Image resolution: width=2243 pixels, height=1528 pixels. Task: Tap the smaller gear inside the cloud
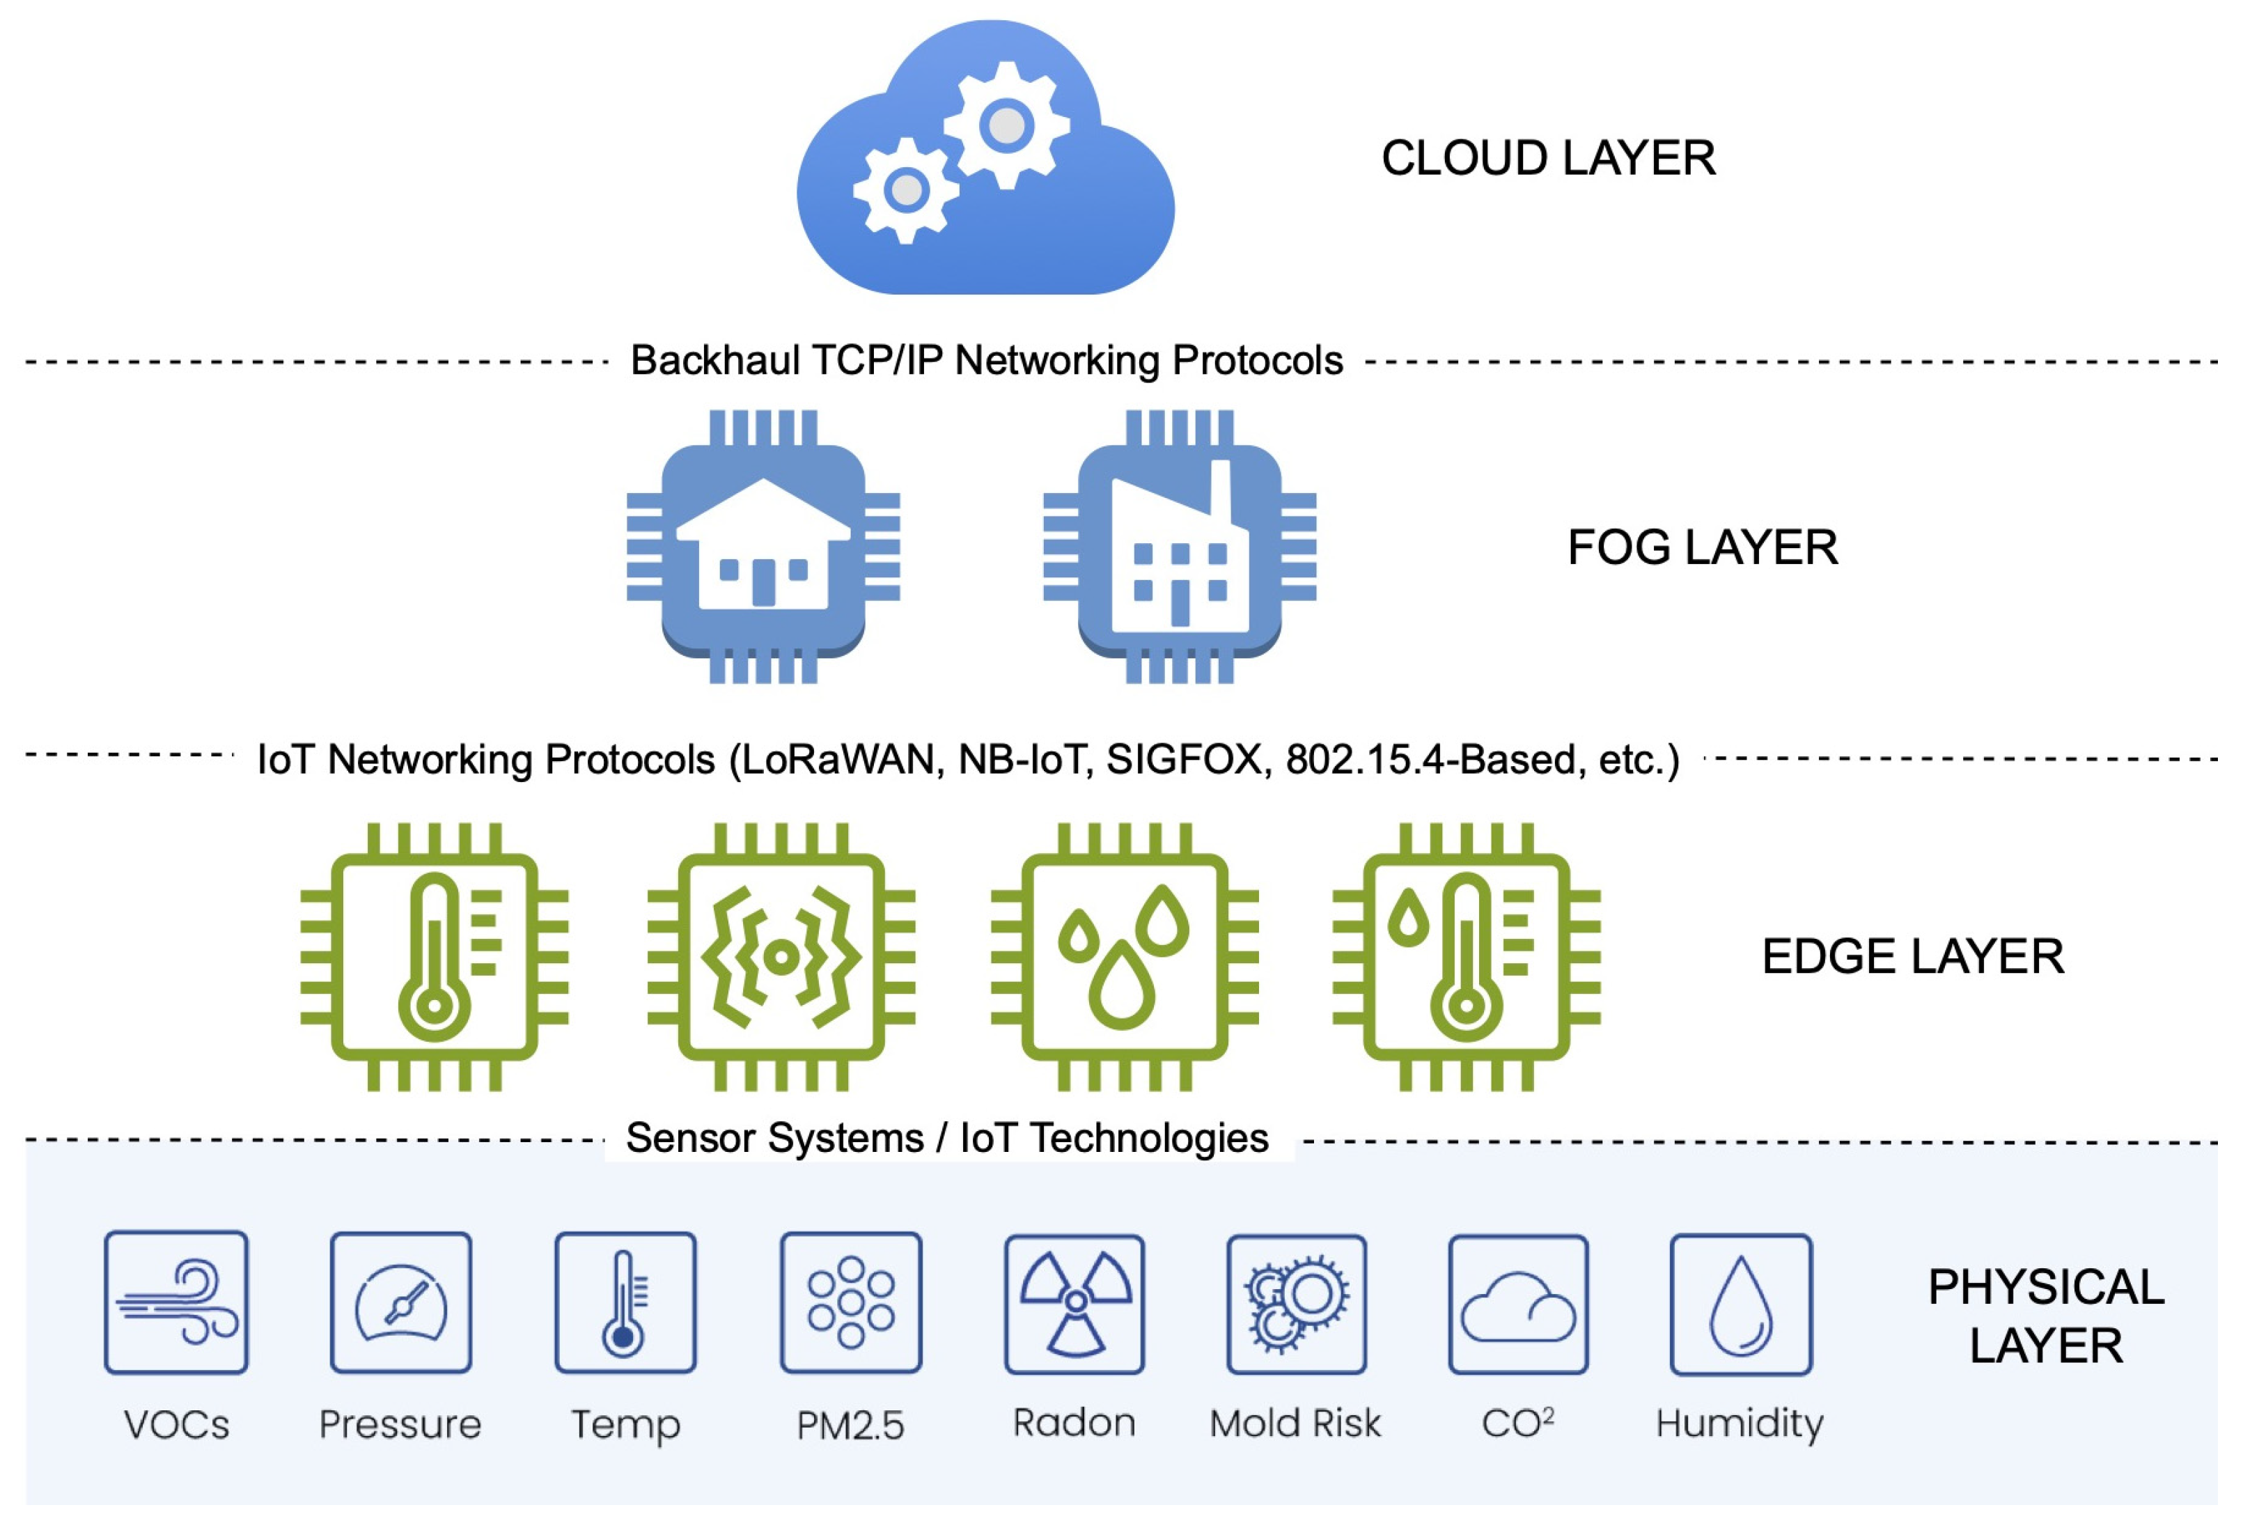point(905,190)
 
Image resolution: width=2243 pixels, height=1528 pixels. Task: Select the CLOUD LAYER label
point(1548,158)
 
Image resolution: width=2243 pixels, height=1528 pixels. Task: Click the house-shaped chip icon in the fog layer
point(763,546)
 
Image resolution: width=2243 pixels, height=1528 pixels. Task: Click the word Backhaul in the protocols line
point(715,361)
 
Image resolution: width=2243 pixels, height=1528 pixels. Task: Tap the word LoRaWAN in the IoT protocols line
point(843,760)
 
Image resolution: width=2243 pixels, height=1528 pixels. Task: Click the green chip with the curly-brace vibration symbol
point(781,957)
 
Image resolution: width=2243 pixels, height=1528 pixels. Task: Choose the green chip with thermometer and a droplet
point(1466,957)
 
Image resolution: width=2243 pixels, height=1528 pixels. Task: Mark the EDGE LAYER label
point(1912,957)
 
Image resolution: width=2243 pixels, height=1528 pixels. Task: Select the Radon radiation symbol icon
point(1074,1303)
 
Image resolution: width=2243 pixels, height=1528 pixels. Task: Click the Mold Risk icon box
point(1296,1303)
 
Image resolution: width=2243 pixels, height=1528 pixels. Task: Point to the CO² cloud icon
point(1517,1303)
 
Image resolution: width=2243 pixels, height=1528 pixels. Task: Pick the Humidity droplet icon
point(1740,1303)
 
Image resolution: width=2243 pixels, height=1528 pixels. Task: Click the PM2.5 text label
point(850,1426)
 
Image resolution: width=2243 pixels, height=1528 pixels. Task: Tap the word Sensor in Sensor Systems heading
point(689,1138)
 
